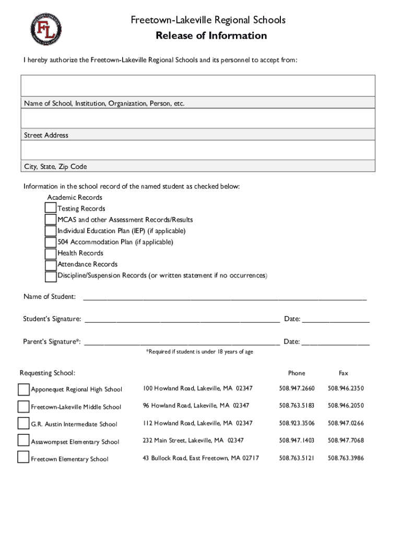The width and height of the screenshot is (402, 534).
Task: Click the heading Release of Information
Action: click(211, 35)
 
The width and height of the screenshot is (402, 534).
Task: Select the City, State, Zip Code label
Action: click(55, 167)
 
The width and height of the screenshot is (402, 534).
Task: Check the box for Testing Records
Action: click(51, 209)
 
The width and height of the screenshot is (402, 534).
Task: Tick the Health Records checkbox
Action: click(51, 253)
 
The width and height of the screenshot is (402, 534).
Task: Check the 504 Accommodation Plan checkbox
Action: click(51, 242)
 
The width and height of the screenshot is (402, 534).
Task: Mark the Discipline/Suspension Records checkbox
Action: click(51, 276)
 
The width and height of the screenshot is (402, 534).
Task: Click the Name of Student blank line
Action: click(224, 297)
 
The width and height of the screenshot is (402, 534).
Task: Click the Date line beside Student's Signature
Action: click(336, 319)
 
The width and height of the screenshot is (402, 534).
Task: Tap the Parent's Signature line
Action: click(182, 342)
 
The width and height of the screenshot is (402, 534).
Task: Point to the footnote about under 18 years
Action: click(199, 352)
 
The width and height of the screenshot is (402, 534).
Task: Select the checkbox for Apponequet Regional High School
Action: click(23, 390)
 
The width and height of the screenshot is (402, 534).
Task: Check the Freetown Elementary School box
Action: click(23, 457)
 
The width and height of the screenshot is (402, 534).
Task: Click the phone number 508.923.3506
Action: click(297, 423)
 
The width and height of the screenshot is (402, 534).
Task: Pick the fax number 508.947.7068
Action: click(346, 441)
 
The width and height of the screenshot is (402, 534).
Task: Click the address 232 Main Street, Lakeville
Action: click(193, 441)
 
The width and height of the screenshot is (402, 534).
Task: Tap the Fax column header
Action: click(343, 373)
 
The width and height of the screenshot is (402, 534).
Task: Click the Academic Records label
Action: click(75, 198)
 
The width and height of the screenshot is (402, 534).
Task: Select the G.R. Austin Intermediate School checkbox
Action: click(23, 423)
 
